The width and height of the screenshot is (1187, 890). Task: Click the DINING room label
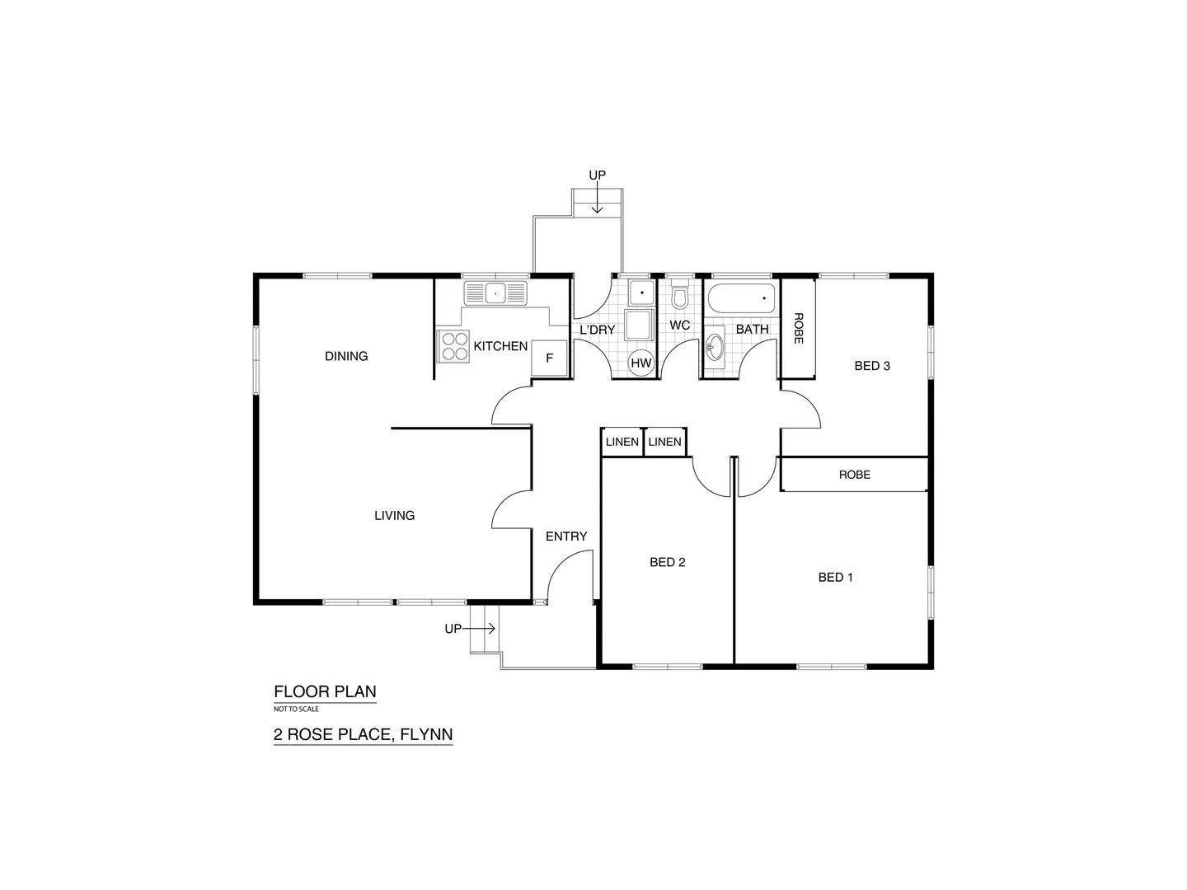point(346,356)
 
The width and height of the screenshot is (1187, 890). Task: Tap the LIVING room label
point(394,515)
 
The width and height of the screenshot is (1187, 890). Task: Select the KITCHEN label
point(500,346)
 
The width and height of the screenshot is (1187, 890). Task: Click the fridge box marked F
point(550,358)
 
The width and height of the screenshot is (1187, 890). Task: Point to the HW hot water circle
point(640,363)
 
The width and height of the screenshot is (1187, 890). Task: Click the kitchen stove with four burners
point(451,346)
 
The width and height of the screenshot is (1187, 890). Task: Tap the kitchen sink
point(495,293)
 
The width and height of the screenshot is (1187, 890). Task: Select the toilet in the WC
point(680,295)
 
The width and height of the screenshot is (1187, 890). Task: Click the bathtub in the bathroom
point(742,299)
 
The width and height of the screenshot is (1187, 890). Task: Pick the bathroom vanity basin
point(714,345)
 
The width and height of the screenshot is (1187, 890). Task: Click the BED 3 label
point(872,366)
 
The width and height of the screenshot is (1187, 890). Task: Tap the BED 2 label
point(668,562)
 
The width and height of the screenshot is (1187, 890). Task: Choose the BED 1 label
point(836,577)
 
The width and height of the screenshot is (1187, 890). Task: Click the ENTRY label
point(566,536)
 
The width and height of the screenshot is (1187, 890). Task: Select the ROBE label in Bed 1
point(855,475)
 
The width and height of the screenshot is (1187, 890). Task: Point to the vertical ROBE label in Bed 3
point(798,328)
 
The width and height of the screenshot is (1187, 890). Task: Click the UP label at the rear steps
point(597,176)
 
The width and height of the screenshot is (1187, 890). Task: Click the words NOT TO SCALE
point(296,709)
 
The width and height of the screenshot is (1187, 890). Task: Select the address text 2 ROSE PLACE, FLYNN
point(363,734)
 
